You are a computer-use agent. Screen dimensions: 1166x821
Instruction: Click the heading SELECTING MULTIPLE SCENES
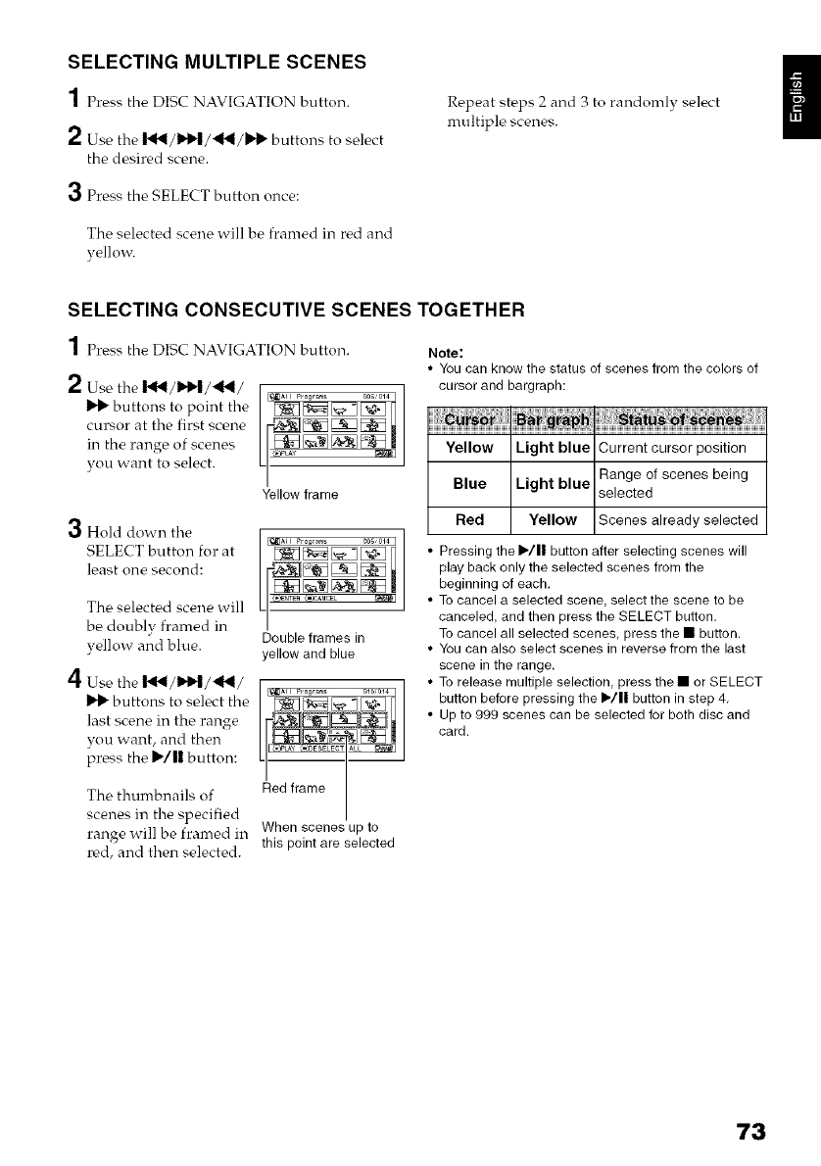[217, 61]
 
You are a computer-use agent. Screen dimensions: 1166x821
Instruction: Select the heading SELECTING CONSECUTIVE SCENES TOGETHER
[296, 311]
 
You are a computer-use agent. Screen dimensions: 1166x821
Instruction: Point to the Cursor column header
[468, 419]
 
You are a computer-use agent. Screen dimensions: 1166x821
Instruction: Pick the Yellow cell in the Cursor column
[468, 448]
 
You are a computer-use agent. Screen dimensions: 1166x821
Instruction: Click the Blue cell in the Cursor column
[468, 483]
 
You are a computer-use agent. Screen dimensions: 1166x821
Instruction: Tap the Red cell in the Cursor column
[468, 519]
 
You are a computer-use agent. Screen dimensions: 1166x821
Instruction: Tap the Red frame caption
[294, 786]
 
